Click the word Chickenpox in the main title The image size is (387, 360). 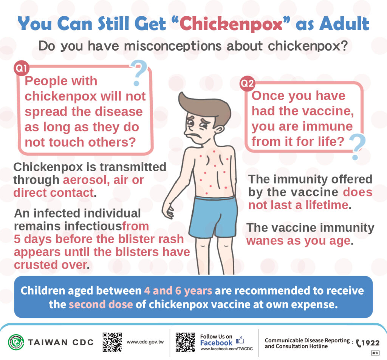pos(231,24)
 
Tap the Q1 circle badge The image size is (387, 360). pos(21,68)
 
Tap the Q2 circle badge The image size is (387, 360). pos(247,83)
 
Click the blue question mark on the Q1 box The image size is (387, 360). pos(139,73)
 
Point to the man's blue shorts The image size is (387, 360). pos(213,218)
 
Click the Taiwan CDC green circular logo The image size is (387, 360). pos(16,342)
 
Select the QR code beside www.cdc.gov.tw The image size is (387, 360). pos(112,342)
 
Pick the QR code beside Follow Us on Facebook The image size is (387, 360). pos(185,342)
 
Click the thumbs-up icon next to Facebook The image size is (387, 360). pos(240,340)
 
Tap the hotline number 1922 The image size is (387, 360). pos(370,343)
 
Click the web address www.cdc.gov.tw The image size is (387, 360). pos(145,342)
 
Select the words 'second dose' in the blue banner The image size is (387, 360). pos(101,304)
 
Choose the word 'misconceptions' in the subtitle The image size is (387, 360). pos(173,46)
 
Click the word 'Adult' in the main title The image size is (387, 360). pos(344,24)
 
